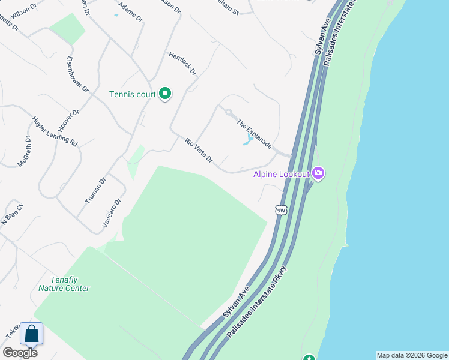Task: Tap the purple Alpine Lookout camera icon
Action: click(x=318, y=174)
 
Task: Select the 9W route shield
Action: click(x=281, y=209)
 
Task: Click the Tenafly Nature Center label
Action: click(x=64, y=284)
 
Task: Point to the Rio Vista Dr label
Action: click(x=199, y=150)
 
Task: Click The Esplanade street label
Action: click(x=255, y=134)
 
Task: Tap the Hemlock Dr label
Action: click(x=183, y=63)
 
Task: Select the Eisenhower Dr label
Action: click(x=77, y=74)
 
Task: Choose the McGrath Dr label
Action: click(x=24, y=151)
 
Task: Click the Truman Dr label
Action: click(x=95, y=190)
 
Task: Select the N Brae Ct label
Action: click(x=11, y=215)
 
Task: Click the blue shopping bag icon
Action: click(x=31, y=334)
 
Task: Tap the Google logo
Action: click(x=20, y=352)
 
